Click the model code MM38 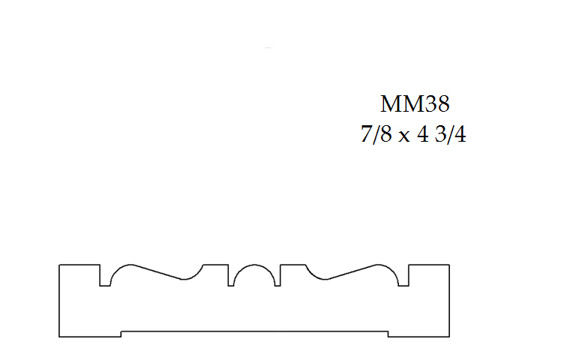(415, 103)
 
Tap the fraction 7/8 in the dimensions (376, 134)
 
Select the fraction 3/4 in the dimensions (450, 134)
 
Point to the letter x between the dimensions (403, 136)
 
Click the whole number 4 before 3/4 (423, 134)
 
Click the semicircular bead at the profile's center (254, 265)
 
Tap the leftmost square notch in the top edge (105, 276)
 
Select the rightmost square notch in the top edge (403, 276)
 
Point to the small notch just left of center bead (230, 276)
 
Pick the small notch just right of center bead (277, 276)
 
